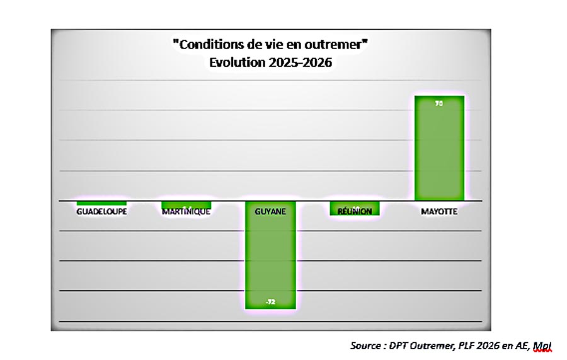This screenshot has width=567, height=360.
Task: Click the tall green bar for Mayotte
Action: [439, 148]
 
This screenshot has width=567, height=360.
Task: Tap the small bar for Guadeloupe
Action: [101, 203]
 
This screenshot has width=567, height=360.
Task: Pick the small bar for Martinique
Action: [186, 204]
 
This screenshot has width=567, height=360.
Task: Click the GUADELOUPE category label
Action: [101, 212]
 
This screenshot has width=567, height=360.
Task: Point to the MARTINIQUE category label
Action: [186, 212]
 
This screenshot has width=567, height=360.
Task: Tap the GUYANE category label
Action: [270, 212]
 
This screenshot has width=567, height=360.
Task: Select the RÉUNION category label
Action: [355, 211]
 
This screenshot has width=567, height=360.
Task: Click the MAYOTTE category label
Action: [439, 212]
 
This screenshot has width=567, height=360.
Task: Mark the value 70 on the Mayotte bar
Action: [439, 103]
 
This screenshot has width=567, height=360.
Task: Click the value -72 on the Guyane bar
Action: [270, 302]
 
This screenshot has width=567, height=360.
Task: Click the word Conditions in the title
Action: [212, 45]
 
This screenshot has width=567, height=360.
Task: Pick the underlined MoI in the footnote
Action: [542, 345]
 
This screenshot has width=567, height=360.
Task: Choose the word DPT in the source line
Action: [403, 345]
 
